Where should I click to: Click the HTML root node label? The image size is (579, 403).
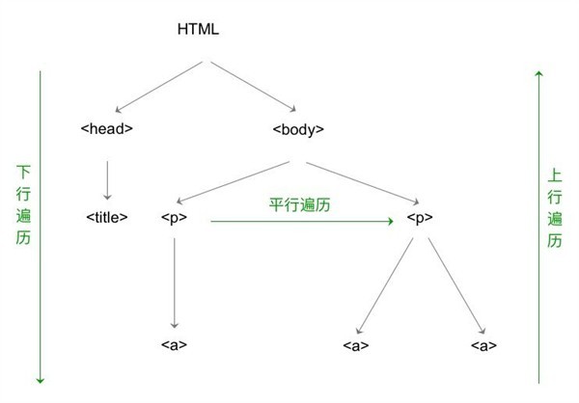tap(199, 28)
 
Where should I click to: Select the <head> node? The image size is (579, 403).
tap(106, 128)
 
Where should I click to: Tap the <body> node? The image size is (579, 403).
tap(298, 128)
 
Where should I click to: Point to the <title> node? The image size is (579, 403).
tap(107, 218)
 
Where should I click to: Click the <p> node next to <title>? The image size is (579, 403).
tap(174, 218)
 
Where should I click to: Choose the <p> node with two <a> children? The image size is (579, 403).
tap(418, 218)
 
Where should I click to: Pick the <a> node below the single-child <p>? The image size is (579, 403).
tap(175, 344)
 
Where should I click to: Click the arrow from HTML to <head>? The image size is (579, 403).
tap(157, 85)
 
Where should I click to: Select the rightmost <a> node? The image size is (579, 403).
tap(483, 344)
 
